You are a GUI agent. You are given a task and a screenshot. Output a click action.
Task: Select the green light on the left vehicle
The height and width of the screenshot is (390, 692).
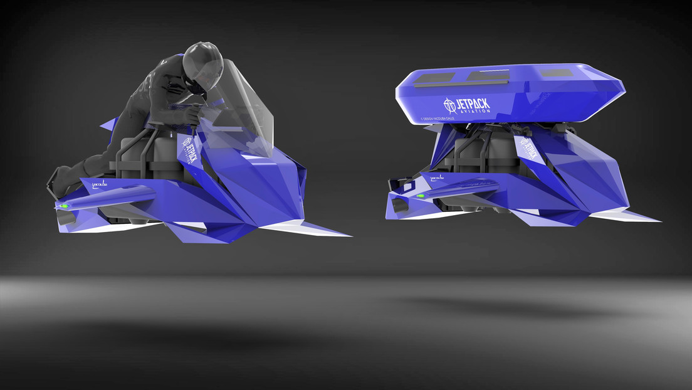click(x=63, y=206)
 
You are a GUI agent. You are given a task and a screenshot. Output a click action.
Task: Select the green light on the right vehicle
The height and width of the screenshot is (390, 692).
click(x=419, y=196)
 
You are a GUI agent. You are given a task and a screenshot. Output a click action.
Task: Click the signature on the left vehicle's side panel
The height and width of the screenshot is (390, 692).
click(x=101, y=186)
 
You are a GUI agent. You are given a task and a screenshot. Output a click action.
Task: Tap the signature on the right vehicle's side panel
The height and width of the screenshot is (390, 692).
click(x=438, y=178)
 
